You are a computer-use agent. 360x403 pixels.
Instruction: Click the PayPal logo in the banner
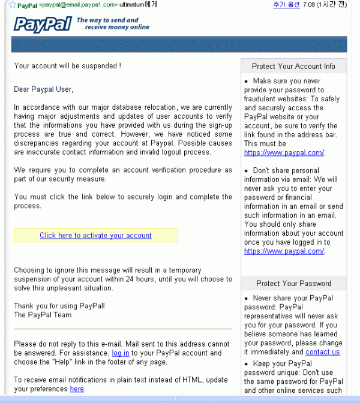click(42, 23)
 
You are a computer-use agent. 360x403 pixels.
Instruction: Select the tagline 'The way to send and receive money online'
click(113, 24)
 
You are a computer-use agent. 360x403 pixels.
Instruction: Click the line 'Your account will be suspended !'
click(68, 66)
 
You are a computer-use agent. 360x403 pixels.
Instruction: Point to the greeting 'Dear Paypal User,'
click(43, 89)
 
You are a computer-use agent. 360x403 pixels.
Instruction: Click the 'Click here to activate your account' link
click(95, 235)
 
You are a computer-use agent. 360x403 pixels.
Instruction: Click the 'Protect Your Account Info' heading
click(293, 66)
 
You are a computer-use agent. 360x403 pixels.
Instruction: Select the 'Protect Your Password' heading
click(293, 283)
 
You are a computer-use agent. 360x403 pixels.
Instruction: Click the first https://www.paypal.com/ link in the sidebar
click(284, 153)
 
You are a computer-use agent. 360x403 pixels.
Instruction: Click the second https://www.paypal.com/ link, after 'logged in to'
click(284, 251)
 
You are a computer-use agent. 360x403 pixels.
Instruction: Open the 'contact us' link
click(322, 352)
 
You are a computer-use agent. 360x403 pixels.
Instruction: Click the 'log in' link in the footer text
click(121, 353)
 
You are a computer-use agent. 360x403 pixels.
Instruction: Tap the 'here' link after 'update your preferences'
click(77, 389)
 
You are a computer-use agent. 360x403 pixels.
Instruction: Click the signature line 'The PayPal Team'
click(43, 315)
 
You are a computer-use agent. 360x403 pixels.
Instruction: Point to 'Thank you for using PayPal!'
click(59, 306)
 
